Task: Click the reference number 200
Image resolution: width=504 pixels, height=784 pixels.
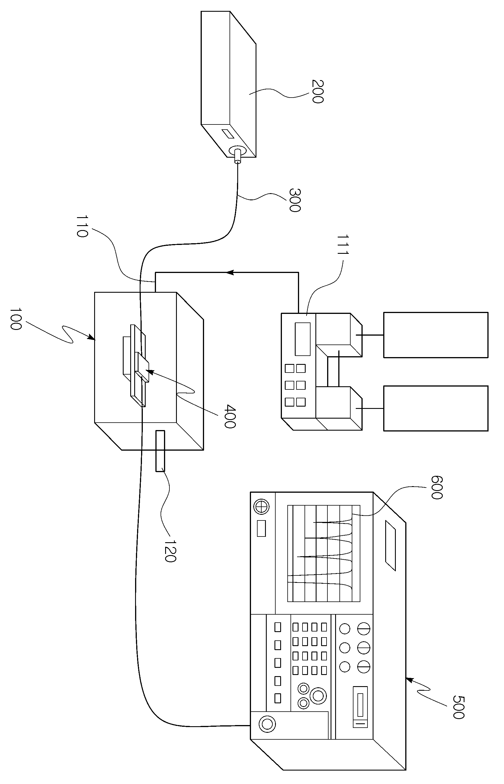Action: pos(317,92)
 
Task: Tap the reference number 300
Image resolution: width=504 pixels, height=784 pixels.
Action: pos(295,200)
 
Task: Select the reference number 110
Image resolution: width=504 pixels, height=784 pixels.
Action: pos(82,226)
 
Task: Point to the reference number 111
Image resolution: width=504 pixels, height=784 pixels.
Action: pos(343,245)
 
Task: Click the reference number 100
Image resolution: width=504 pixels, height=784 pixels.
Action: pos(15,319)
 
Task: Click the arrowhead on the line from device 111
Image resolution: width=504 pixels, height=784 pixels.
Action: pos(230,272)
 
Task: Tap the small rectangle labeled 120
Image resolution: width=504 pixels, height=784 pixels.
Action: pos(160,451)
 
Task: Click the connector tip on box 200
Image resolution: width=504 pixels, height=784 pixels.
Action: pos(237,161)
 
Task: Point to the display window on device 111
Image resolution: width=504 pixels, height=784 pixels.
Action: pos(303,339)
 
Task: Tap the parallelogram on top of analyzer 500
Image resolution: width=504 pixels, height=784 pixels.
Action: pos(390,545)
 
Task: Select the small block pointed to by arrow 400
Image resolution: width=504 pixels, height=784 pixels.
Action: pos(142,367)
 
